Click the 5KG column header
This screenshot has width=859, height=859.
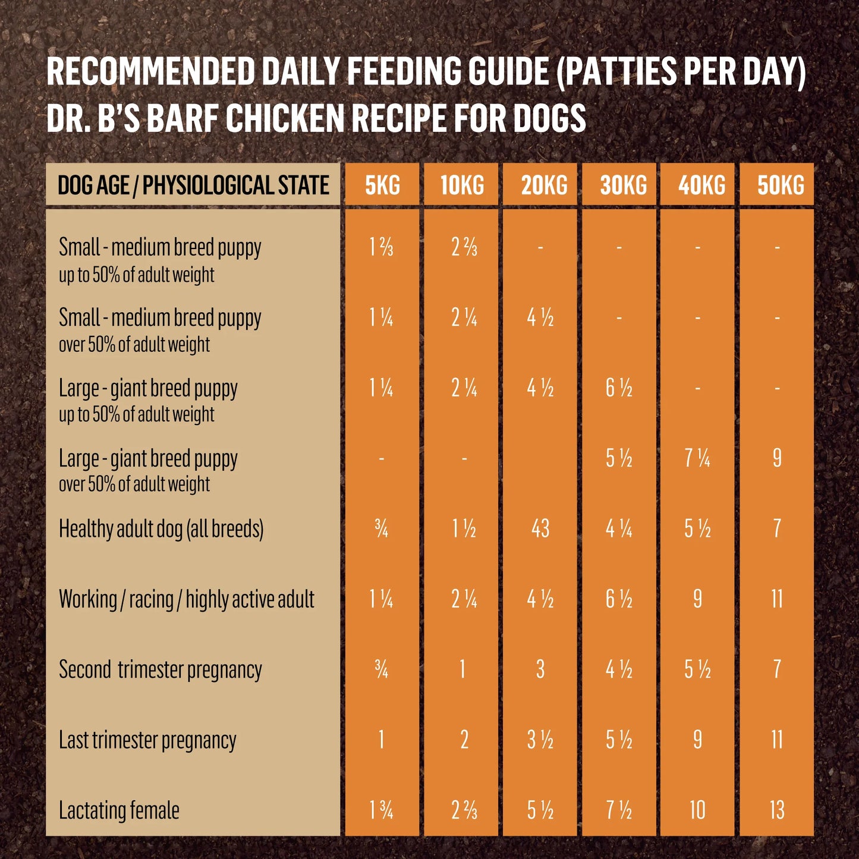tap(382, 185)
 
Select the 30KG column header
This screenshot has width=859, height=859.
tap(623, 185)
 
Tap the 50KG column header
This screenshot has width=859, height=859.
tap(780, 185)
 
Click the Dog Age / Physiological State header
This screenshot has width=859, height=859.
tap(193, 185)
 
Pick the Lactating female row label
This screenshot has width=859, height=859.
tap(119, 810)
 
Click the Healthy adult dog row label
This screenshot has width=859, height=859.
tap(161, 528)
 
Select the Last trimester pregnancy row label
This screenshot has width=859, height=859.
tap(147, 740)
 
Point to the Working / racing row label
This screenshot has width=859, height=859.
tap(186, 599)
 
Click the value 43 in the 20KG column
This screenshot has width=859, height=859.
tap(540, 528)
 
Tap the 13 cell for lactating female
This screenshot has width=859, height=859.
tap(777, 810)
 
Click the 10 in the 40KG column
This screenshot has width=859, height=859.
tap(697, 810)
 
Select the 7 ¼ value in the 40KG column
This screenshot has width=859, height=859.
tap(697, 458)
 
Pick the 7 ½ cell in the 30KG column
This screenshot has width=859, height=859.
tap(619, 810)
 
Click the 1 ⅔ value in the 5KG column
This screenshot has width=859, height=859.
tap(381, 247)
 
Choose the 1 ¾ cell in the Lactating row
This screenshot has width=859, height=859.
tap(381, 810)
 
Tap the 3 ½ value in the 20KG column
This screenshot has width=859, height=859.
tap(540, 740)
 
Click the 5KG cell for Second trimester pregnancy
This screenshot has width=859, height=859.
tap(381, 670)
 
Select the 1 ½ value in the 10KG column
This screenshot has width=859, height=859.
tap(464, 528)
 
